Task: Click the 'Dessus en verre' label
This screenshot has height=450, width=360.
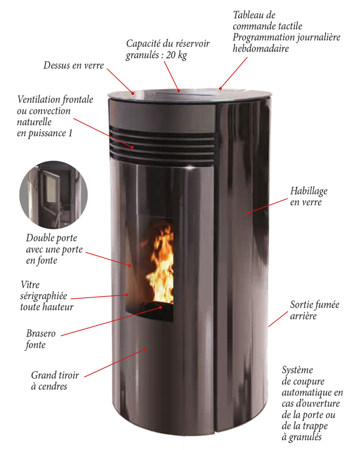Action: click(x=73, y=65)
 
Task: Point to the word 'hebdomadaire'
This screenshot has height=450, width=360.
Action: click(x=261, y=48)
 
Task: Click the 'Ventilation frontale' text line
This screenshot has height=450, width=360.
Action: click(x=55, y=99)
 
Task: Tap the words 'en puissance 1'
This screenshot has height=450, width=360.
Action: click(x=45, y=134)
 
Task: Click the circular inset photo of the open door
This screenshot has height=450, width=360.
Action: click(x=54, y=194)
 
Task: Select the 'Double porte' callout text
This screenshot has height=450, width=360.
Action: click(x=52, y=238)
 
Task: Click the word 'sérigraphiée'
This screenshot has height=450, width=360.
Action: click(x=44, y=296)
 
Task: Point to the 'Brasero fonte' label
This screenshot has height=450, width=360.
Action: click(x=40, y=339)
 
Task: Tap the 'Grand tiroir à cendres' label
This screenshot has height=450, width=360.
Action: click(x=55, y=381)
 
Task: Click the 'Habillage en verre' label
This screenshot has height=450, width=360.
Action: click(x=309, y=197)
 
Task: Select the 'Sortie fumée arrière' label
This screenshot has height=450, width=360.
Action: click(x=315, y=310)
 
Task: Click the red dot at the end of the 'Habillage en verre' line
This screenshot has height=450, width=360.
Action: click(x=248, y=213)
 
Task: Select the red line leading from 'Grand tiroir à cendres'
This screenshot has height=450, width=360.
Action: click(x=115, y=363)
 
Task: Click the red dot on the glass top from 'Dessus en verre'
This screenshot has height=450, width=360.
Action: click(x=133, y=93)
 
